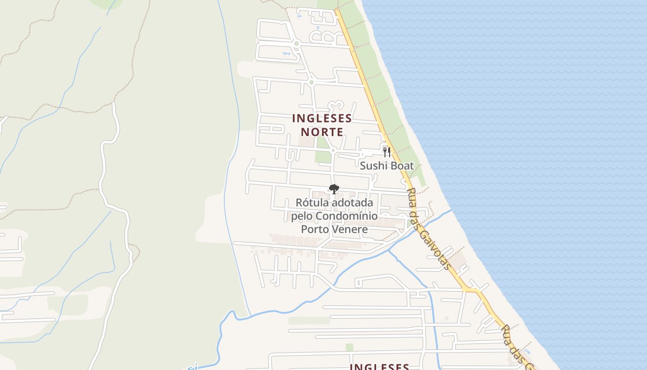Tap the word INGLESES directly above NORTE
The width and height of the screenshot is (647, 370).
[x=322, y=119]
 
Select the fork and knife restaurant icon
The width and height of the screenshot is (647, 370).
[x=387, y=152]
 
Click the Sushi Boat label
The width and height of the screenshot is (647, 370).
[x=386, y=166]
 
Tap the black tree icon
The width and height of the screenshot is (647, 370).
[x=334, y=189]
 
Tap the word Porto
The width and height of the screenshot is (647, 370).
[x=317, y=229]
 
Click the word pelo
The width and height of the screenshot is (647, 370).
[x=302, y=216]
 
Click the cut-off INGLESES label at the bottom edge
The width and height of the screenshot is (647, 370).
[x=379, y=366]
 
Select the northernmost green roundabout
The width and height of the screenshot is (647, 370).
[x=297, y=44]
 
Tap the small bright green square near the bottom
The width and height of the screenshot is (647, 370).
[x=349, y=347]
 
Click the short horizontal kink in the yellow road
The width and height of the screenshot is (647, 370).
[x=472, y=290]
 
